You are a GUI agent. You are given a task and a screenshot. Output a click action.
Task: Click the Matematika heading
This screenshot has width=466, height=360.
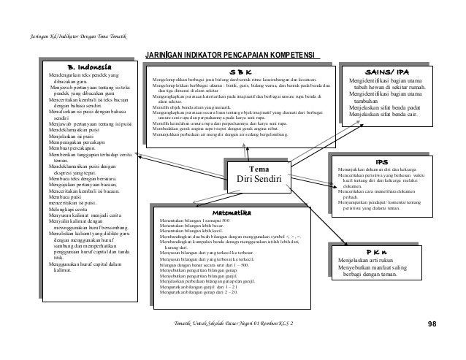coord(234,212)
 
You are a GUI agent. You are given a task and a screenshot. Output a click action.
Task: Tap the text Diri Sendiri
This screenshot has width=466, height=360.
coord(259,179)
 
